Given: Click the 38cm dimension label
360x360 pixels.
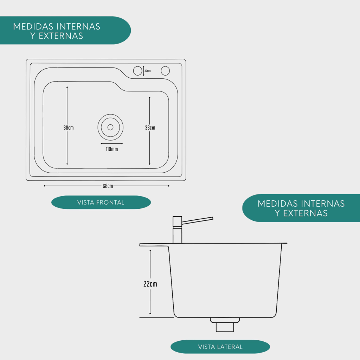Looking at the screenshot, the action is tap(69, 128).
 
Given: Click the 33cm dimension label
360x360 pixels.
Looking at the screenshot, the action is tap(150, 128).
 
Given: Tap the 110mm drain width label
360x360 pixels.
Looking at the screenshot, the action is tap(112, 149).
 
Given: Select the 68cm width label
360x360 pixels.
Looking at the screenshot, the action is tap(108, 186).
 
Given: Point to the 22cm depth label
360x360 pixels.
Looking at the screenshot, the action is tap(150, 284).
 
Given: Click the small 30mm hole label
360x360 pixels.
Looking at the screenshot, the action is tap(148, 71).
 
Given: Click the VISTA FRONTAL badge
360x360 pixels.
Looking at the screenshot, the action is tap(101, 202).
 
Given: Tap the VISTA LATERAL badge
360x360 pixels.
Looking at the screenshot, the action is tap(220, 347).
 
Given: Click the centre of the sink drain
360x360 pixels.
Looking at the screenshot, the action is tap(110, 127).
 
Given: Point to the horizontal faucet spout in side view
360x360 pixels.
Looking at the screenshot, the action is tap(198, 220).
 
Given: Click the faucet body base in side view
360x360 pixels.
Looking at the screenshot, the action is tap(177, 235).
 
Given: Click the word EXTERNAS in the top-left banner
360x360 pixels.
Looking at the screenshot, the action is tap(61, 36).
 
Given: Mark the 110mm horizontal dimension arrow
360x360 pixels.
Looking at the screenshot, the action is tap(112, 143).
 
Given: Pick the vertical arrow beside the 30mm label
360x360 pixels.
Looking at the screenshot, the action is tap(144, 71).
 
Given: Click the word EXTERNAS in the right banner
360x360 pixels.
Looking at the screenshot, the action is tap(306, 213).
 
